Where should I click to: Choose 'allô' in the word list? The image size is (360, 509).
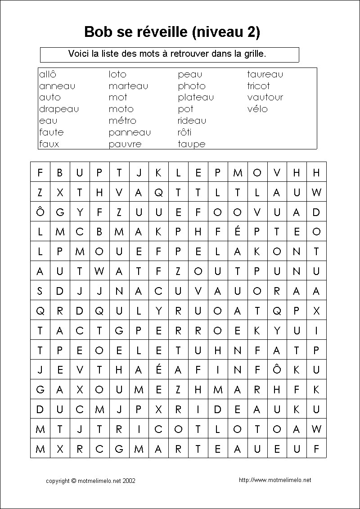click(x=48, y=74)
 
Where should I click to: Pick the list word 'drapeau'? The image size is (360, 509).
click(x=59, y=109)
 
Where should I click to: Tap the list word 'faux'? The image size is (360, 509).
click(x=49, y=144)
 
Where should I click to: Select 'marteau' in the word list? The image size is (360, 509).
click(x=128, y=86)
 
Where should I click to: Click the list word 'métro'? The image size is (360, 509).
click(x=122, y=121)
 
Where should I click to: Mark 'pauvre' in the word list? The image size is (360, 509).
click(x=125, y=144)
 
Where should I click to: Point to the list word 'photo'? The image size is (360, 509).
click(x=192, y=86)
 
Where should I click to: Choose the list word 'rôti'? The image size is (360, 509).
click(x=184, y=132)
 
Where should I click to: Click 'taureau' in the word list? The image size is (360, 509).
click(x=265, y=74)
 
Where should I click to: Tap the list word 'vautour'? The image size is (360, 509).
click(x=265, y=98)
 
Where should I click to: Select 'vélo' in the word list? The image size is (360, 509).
click(x=257, y=109)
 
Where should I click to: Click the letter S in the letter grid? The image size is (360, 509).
click(x=40, y=291)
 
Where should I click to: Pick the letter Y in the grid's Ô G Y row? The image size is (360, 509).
click(x=80, y=212)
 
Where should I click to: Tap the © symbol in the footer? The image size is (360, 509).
click(x=74, y=481)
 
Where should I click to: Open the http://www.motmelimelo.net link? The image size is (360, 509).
click(x=275, y=480)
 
